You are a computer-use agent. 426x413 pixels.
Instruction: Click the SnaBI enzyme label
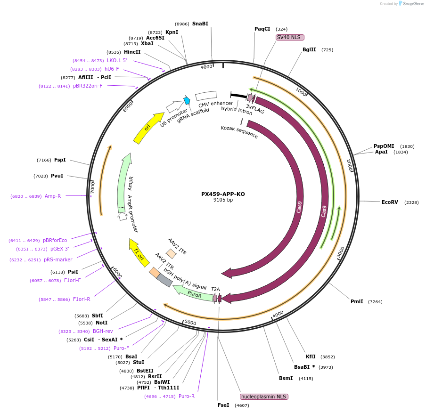(200, 24)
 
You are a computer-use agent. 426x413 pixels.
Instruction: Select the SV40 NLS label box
(290, 37)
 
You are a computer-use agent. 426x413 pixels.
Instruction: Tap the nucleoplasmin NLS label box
(264, 397)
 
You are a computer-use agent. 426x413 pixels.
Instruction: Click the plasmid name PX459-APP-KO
(223, 194)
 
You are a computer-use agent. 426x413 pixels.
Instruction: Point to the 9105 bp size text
(223, 200)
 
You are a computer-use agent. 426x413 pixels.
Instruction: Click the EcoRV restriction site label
(390, 202)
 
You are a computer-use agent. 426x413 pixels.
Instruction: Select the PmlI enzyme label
(357, 301)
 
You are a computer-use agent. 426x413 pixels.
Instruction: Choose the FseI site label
(223, 405)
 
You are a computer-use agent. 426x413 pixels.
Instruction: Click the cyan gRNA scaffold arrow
(187, 100)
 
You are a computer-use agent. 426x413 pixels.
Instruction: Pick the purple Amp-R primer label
(53, 196)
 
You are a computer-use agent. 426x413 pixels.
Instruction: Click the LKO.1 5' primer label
(117, 60)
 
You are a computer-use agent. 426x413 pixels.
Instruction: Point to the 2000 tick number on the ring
(349, 165)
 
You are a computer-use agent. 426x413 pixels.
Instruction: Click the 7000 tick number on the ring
(93, 188)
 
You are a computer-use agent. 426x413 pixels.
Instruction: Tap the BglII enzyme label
(309, 49)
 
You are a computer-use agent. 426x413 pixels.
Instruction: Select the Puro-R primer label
(187, 396)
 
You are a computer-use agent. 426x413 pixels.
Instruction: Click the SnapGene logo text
(413, 4)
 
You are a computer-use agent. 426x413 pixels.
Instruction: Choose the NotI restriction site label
(102, 323)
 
